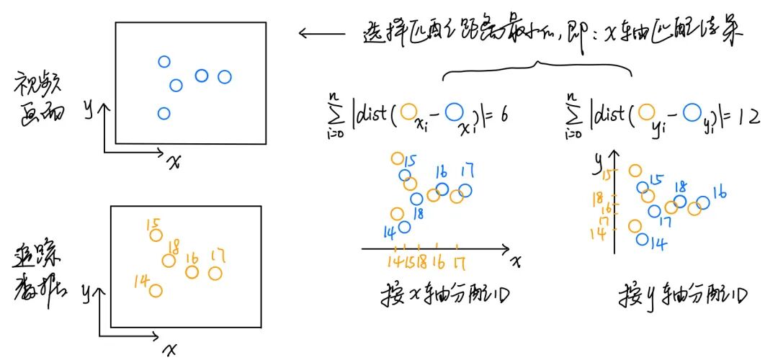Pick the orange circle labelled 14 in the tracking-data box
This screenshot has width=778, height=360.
(x=155, y=291)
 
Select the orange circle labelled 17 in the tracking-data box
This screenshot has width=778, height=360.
(x=215, y=273)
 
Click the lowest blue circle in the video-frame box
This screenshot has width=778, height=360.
(x=164, y=113)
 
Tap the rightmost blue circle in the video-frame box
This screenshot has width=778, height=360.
(x=225, y=76)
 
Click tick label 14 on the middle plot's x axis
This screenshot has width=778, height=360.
(x=394, y=261)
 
